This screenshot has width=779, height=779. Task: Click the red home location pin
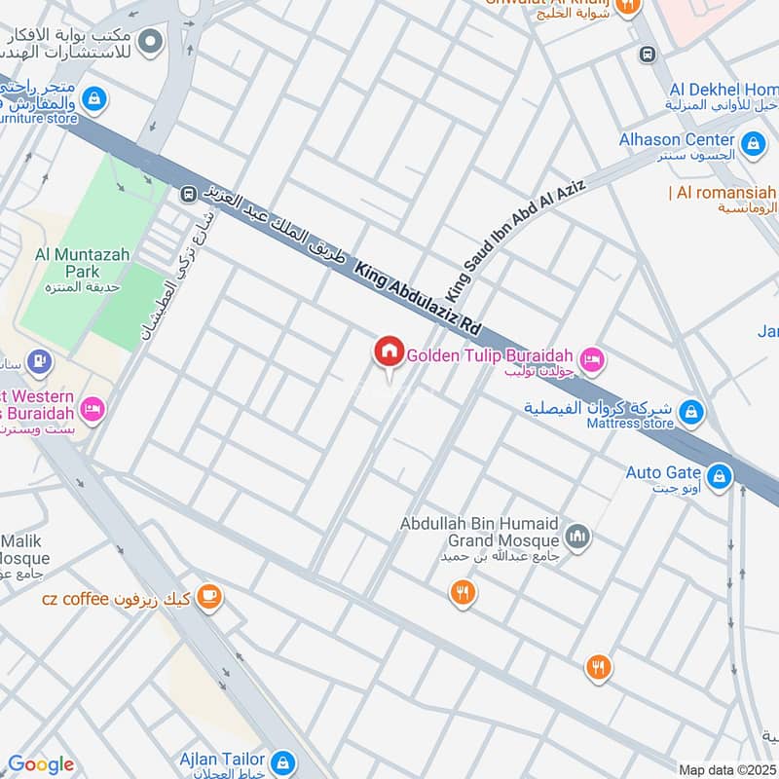389,352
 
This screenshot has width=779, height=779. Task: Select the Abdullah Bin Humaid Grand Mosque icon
578,538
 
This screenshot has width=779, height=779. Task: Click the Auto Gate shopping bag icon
720,476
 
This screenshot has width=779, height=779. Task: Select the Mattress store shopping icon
690,413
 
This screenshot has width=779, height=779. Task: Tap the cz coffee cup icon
208,597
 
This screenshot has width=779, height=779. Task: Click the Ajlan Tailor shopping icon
282,760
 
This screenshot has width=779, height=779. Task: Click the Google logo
41,764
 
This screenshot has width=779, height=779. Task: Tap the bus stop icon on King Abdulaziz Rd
189,195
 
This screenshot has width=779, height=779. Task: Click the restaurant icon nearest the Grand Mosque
463,592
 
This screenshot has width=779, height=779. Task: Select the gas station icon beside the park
38,362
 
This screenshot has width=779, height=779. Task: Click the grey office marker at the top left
150,41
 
